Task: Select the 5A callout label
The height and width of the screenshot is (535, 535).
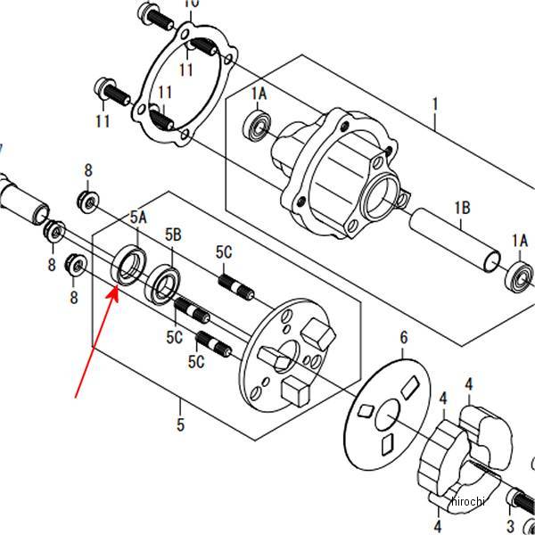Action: pyautogui.click(x=138, y=217)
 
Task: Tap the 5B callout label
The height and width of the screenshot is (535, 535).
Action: pyautogui.click(x=173, y=234)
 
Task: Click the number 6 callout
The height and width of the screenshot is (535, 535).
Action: pyautogui.click(x=403, y=337)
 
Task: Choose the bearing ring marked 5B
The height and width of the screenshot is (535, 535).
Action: pyautogui.click(x=165, y=282)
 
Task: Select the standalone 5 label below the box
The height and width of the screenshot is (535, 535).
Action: pyautogui.click(x=180, y=425)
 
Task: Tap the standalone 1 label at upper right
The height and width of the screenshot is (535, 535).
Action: pyautogui.click(x=435, y=104)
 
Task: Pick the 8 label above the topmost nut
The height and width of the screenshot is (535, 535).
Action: pyautogui.click(x=88, y=170)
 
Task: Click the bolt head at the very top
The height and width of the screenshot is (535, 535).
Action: pyautogui.click(x=146, y=14)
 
